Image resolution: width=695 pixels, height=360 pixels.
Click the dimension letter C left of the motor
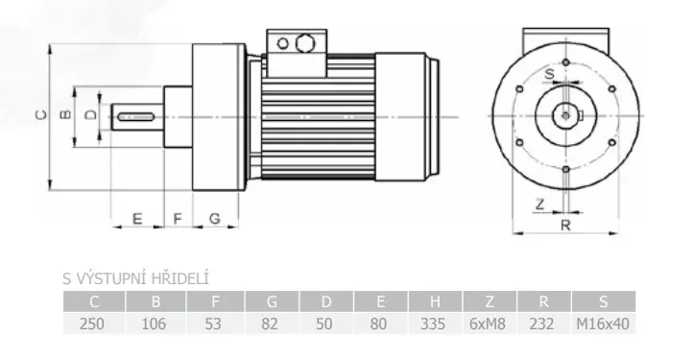coord(40,115)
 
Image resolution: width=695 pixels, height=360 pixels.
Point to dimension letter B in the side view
coord(65,114)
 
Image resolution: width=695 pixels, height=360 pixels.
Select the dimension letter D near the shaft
coord(90,115)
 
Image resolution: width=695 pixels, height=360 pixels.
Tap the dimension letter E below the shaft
coord(137,219)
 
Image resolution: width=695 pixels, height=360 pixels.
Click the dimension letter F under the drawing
coord(178,219)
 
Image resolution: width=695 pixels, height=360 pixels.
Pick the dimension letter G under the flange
coord(214,219)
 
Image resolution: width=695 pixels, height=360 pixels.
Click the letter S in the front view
coord(550,74)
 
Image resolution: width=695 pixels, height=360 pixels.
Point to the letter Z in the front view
coord(539,204)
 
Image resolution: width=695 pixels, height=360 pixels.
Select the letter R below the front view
coord(565,226)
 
